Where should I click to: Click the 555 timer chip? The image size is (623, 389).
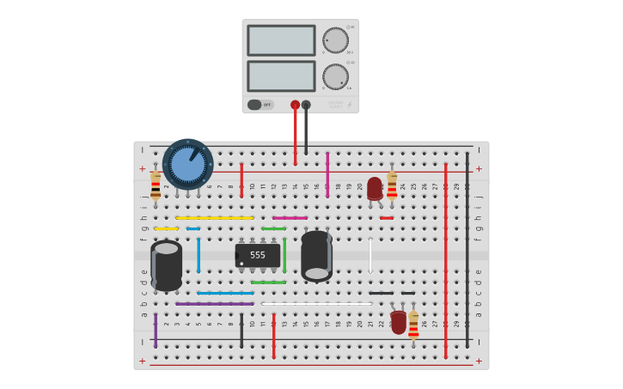(258, 255)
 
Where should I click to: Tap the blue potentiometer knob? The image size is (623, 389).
(187, 164)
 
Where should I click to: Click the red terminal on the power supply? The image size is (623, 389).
(295, 105)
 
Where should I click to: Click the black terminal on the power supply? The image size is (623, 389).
(306, 105)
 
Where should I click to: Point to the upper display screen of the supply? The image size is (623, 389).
(281, 40)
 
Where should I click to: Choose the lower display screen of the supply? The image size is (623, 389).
(281, 76)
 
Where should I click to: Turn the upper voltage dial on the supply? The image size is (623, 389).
(335, 40)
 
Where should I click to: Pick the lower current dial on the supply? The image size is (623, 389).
(335, 76)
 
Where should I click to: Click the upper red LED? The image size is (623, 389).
(375, 188)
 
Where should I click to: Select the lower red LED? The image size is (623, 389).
(398, 321)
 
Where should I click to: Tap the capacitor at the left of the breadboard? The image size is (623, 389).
(167, 264)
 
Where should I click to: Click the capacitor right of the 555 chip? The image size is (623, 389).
(316, 256)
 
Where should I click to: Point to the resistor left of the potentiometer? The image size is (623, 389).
(156, 185)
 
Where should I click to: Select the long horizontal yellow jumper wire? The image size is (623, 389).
(215, 218)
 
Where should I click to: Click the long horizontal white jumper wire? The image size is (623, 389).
(316, 303)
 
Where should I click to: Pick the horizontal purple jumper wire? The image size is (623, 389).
(215, 303)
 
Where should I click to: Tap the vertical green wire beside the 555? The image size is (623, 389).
(284, 255)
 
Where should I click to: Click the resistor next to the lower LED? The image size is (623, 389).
(413, 324)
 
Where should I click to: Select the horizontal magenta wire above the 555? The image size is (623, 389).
(290, 218)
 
